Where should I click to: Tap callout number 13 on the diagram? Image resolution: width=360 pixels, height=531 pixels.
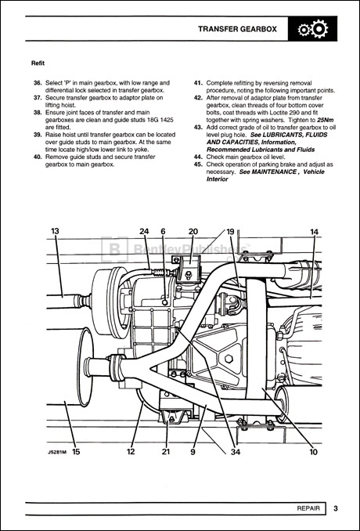coord(56,231)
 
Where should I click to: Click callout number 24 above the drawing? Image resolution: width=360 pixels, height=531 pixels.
coord(144,231)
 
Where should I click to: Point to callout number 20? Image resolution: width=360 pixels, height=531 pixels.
coord(193,231)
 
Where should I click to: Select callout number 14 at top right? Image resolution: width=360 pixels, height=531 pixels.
coord(314,232)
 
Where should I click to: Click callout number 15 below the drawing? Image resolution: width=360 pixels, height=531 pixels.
coord(75,451)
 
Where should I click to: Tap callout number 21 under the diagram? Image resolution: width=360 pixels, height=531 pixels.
coord(165,451)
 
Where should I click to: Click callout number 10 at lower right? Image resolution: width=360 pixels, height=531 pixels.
coord(312,451)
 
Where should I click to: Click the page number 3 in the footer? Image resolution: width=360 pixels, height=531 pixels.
coord(335,509)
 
